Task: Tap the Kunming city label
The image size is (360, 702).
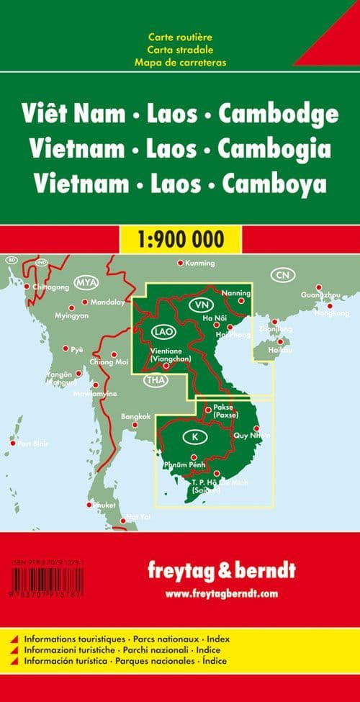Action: [200, 264]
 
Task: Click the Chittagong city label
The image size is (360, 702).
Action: [50, 287]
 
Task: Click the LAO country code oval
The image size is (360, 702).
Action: [162, 332]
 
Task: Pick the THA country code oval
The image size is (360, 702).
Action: [154, 380]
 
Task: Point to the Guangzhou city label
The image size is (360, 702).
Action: [321, 296]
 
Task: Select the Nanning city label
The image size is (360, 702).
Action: [237, 293]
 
